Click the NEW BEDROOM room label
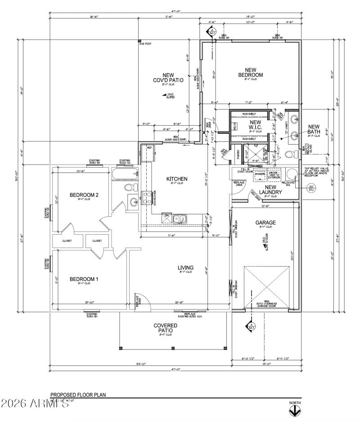(250, 73)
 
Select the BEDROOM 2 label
(84, 195)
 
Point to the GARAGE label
(265, 222)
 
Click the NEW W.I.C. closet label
(255, 125)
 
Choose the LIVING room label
(185, 267)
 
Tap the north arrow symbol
(295, 410)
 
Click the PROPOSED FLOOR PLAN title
(77, 395)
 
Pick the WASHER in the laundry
(260, 174)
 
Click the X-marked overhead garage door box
(267, 288)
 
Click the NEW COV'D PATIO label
(168, 78)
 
